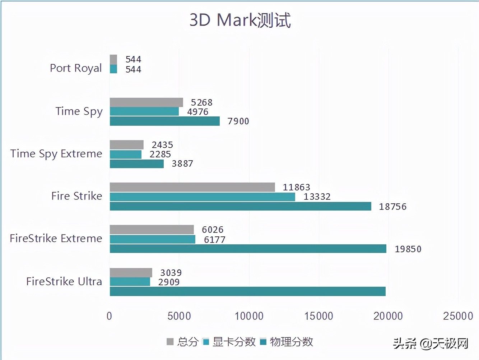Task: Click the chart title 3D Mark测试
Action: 240,20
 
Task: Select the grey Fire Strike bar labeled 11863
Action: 192,187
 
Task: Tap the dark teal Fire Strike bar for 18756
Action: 240,206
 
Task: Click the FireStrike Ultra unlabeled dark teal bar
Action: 247,291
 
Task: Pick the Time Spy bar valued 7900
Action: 164,121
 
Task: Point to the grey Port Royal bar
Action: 113,59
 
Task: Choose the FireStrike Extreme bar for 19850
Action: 248,249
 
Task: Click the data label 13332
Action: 317,197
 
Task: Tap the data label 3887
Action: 182,164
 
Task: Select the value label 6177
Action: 215,240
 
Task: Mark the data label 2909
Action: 169,282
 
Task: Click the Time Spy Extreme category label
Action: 56,154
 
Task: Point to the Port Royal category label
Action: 76,68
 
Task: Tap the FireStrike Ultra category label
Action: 64,281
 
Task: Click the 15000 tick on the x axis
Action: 318,316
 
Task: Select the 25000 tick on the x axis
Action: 458,316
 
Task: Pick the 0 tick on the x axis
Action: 110,316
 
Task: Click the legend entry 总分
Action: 183,342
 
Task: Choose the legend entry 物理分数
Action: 287,342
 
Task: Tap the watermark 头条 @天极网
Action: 431,343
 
